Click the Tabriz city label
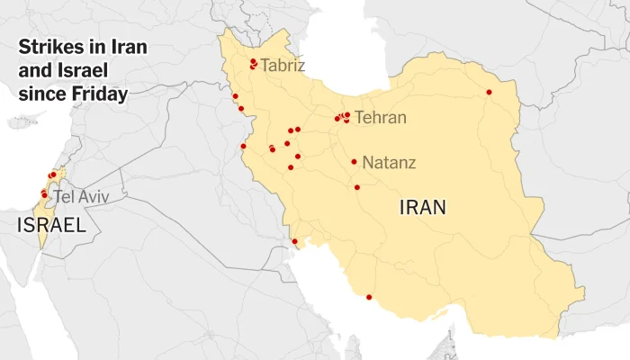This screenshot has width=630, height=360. point(283,66)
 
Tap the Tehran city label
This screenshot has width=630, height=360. point(380,118)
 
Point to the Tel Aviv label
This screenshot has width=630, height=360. point(76,196)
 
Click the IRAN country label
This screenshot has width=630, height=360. point(422,209)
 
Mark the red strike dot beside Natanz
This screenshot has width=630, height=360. point(354,162)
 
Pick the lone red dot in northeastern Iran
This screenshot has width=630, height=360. point(490,92)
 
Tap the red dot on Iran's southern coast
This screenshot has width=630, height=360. point(369,297)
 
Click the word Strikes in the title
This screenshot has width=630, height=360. point(49,47)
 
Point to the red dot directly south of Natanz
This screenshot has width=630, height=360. point(357,187)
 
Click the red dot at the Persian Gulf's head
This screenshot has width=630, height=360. point(294,241)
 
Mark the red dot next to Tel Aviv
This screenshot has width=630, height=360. point(44,194)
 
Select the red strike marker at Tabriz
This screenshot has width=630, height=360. point(254,62)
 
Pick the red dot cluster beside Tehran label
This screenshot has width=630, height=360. point(343,117)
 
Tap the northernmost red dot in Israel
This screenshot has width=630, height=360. point(53,175)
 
